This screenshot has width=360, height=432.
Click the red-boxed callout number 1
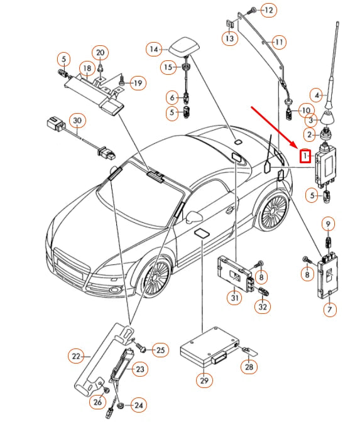[305, 156]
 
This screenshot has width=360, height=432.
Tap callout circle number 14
[154, 50]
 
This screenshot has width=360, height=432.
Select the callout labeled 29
[204, 381]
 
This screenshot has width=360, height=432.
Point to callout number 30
[77, 121]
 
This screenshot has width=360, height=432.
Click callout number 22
[76, 356]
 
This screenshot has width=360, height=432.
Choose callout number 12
[268, 10]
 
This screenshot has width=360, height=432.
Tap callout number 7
[330, 309]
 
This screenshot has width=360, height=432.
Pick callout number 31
[234, 298]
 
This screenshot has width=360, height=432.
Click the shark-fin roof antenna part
[182, 46]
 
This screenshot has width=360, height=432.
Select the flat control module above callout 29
[209, 348]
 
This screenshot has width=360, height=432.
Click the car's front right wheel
[156, 276]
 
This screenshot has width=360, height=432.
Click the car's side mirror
[194, 216]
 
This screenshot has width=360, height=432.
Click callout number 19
[138, 83]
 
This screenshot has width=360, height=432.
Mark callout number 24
[139, 405]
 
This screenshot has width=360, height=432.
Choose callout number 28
[249, 367]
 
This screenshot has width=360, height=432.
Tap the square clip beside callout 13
[230, 24]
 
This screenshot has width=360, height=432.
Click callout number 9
[328, 224]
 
